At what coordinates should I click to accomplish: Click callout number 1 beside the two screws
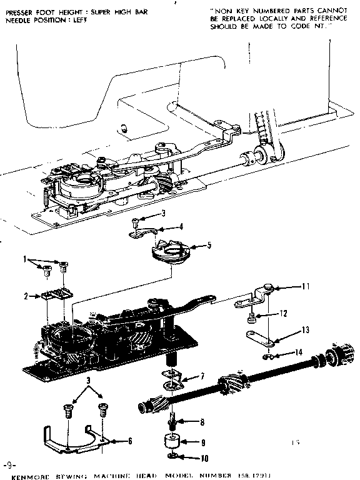(25, 259)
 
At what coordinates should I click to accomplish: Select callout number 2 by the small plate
(26, 296)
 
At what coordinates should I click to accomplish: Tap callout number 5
(209, 245)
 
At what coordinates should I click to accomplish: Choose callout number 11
(306, 287)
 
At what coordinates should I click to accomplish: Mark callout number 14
(299, 352)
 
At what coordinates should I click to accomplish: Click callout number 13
(306, 329)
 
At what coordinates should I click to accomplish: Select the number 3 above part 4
(163, 213)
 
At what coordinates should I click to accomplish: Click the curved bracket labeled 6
(69, 438)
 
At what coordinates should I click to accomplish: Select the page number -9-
(7, 466)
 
